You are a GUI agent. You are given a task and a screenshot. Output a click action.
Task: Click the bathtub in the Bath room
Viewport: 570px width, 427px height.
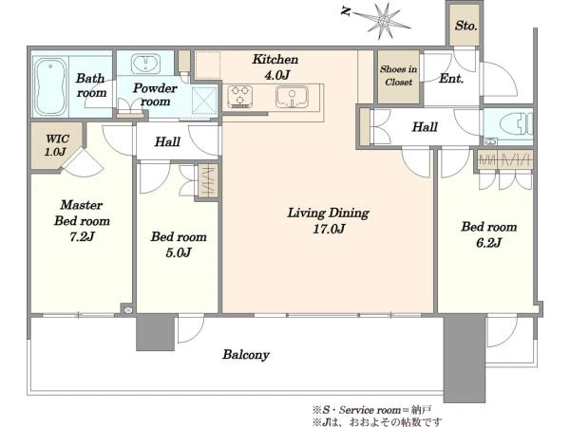[50, 86]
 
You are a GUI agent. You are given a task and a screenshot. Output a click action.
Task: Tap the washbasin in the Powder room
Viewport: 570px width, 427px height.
[145, 64]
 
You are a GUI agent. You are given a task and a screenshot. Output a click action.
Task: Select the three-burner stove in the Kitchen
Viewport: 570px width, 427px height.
[240, 96]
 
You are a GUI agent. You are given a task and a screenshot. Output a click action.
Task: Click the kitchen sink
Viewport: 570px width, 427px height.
[292, 97]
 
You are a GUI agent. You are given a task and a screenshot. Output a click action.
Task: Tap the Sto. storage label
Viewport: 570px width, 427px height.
[465, 26]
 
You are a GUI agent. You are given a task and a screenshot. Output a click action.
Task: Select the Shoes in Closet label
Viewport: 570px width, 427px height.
[398, 76]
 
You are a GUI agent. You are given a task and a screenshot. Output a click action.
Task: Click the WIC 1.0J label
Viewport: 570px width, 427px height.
[56, 145]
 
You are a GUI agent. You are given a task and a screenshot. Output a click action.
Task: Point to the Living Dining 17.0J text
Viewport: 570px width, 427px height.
[329, 220]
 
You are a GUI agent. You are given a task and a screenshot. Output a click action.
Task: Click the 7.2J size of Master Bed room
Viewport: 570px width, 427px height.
[82, 236]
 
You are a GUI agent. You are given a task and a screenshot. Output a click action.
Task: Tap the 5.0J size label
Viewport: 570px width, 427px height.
[179, 252]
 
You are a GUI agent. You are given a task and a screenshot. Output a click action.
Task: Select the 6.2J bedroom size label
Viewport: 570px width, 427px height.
[488, 243]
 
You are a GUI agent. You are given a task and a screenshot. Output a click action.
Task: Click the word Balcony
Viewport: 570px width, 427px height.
[246, 354]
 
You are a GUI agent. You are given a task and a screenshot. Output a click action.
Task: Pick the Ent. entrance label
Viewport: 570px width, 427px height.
[451, 79]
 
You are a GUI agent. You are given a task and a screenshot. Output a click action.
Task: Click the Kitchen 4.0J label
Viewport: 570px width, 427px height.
[275, 67]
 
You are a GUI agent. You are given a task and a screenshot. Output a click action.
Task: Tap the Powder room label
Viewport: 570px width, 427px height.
[155, 94]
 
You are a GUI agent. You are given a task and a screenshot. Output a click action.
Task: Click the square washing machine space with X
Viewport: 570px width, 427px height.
[204, 101]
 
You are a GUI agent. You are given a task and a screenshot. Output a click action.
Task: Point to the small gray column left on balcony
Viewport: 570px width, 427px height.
[156, 332]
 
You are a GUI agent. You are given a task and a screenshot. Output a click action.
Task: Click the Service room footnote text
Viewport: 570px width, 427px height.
[371, 410]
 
